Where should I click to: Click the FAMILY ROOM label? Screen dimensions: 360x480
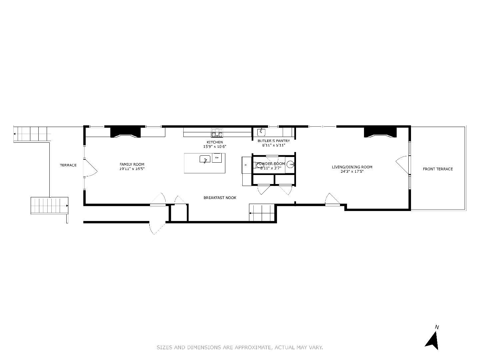tap(132, 164)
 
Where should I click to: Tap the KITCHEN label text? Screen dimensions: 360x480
tap(215, 142)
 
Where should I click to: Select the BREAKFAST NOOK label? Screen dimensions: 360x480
tap(220, 198)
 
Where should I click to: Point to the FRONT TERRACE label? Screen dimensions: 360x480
tap(438, 169)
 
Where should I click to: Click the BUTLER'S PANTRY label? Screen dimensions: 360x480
tap(273, 141)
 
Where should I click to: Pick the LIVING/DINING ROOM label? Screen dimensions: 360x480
tap(352, 167)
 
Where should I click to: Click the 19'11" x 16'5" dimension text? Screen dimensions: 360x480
tap(132, 169)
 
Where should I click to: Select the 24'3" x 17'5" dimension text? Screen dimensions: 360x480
tap(352, 172)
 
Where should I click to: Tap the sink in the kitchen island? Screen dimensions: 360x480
tap(205, 159)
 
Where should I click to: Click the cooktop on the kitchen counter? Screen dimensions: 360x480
tap(217, 135)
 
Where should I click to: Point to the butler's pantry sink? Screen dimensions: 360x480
tap(261, 132)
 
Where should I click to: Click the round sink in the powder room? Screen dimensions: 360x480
tap(291, 164)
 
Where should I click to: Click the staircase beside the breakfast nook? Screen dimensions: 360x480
tap(262, 213)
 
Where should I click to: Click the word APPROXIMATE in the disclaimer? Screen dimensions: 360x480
tap(253, 348)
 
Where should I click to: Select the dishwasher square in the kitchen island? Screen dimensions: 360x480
tap(217, 157)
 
